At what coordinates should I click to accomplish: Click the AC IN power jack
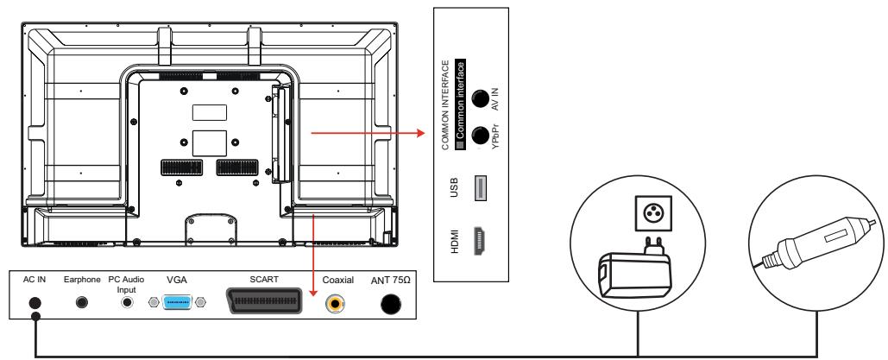(x=35, y=303)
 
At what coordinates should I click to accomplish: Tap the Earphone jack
(x=82, y=302)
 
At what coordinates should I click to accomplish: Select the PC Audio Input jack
(x=128, y=302)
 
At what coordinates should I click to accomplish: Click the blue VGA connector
(x=176, y=302)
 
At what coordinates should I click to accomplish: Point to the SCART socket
(x=264, y=301)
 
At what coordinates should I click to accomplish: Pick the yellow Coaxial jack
(x=336, y=305)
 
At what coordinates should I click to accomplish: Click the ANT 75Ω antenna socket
(x=390, y=305)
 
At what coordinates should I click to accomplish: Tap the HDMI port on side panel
(x=480, y=241)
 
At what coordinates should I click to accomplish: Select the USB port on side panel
(x=480, y=188)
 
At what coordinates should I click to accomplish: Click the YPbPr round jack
(x=480, y=136)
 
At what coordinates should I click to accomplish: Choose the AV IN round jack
(x=480, y=98)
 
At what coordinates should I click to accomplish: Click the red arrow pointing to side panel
(x=368, y=133)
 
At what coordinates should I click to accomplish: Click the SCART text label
(x=264, y=280)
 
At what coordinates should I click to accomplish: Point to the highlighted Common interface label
(x=461, y=104)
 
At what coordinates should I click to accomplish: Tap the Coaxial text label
(x=338, y=280)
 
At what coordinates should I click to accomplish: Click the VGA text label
(x=177, y=280)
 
